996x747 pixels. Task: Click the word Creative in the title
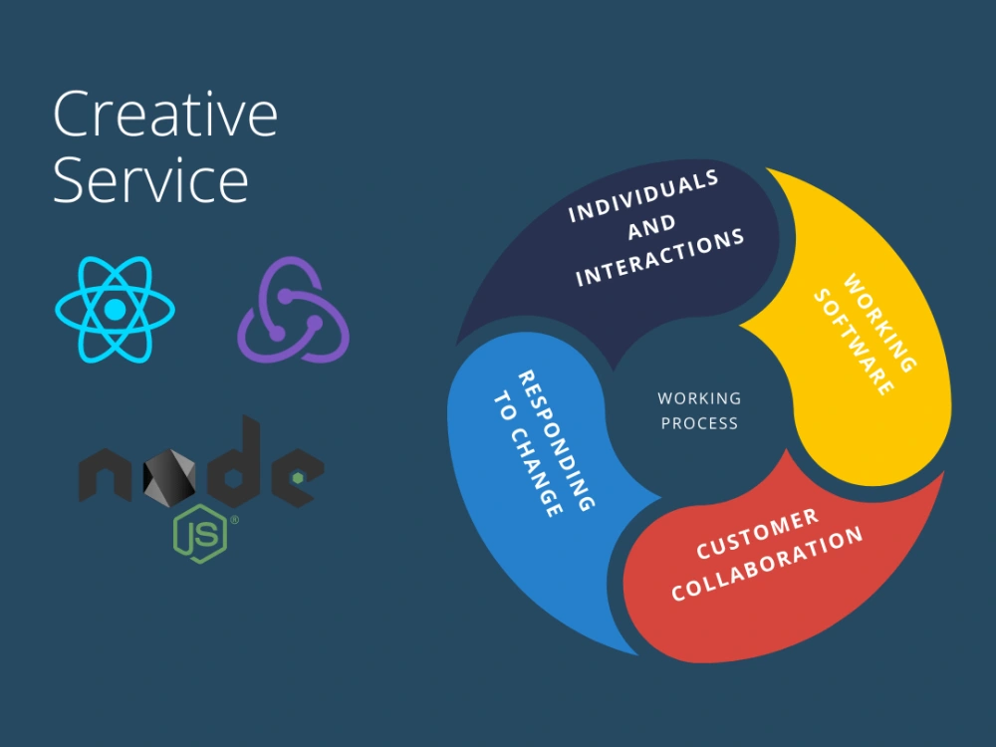pos(165,115)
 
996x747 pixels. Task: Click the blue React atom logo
pos(115,310)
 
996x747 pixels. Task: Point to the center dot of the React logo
pos(115,310)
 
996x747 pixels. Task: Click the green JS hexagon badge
pos(200,534)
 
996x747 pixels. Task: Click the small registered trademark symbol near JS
pos(234,520)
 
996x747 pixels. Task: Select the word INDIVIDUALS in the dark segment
pos(643,195)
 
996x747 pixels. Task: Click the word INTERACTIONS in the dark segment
pos(660,257)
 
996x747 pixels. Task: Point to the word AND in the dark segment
pos(651,227)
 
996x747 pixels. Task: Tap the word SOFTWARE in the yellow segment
pos(855,342)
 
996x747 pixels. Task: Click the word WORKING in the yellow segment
pos(879,323)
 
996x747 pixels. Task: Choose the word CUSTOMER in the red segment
pos(758,534)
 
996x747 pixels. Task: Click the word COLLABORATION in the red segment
pos(767,564)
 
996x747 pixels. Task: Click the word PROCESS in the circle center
pos(699,423)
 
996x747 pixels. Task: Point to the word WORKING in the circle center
pos(699,398)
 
